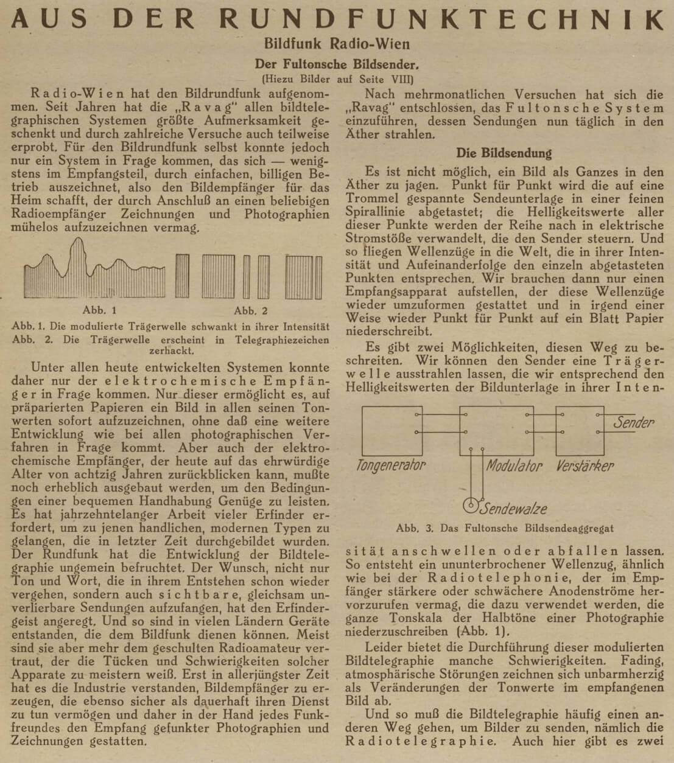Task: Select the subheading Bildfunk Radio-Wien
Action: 337,44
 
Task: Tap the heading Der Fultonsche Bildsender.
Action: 337,64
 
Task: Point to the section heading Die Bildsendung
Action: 504,153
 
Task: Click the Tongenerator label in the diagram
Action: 391,466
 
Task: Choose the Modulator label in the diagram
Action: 514,466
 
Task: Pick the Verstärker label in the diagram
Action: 584,466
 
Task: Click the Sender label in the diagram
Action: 633,422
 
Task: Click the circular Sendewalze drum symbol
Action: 470,505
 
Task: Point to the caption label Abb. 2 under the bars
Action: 250,310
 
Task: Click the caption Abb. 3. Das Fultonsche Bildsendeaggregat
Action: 504,528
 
